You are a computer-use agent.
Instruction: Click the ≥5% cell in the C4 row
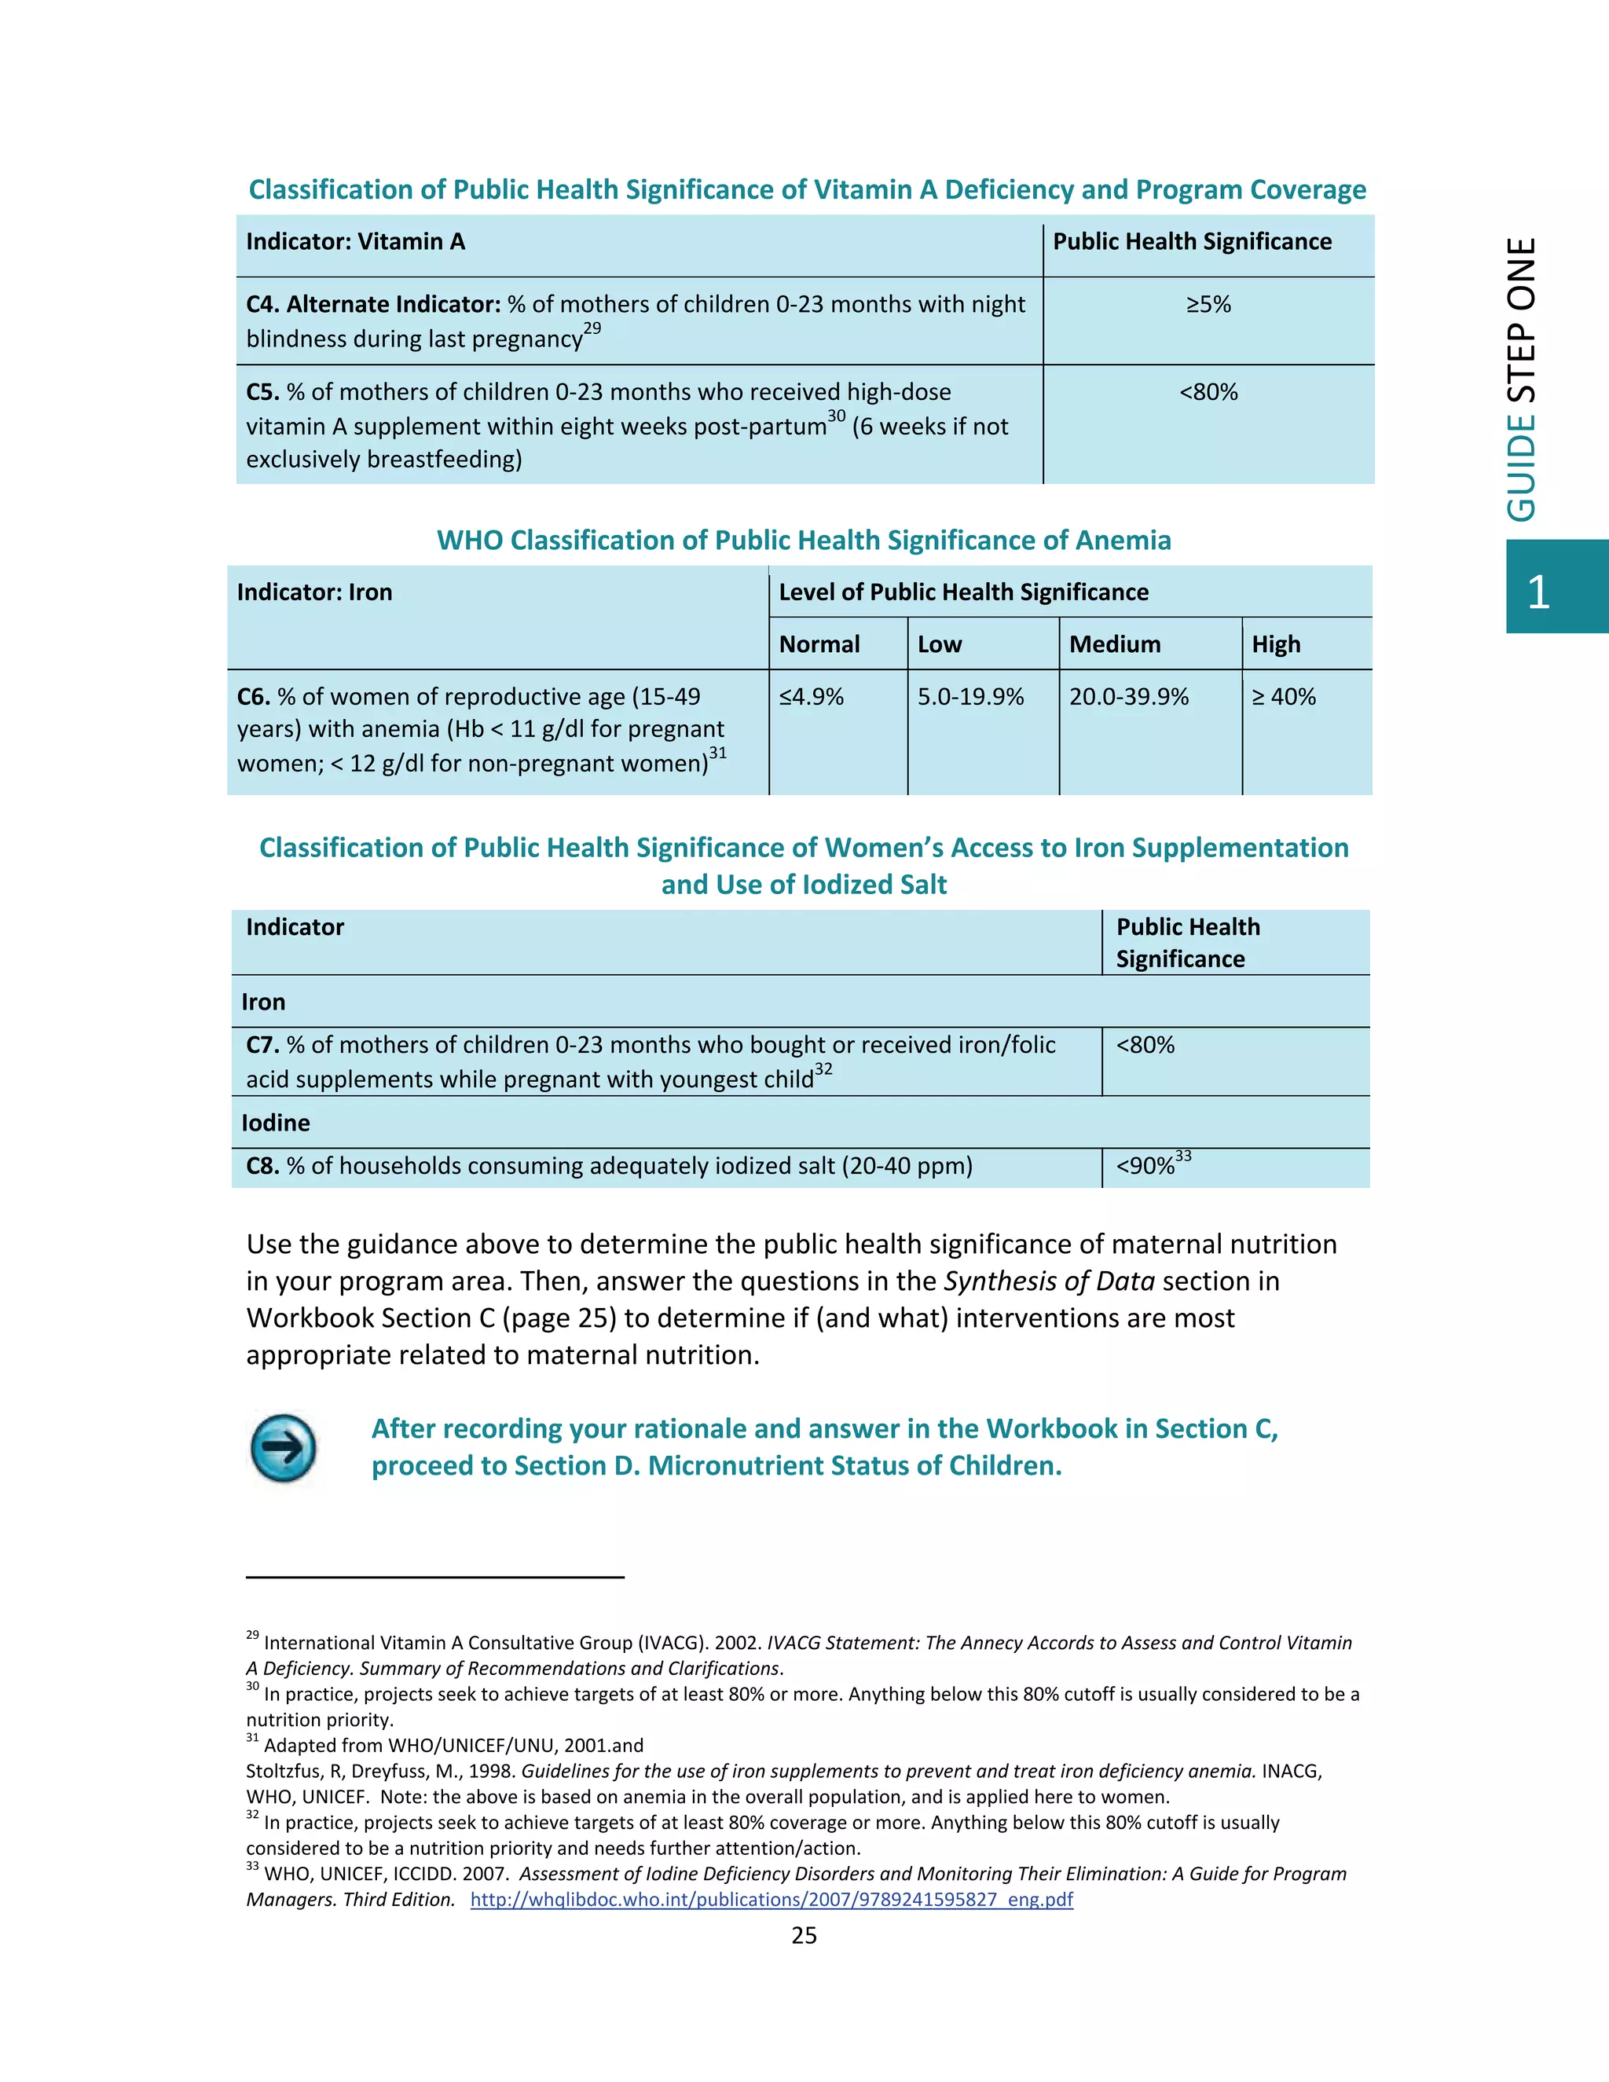tap(1208, 305)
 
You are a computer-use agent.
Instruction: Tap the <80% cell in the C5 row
tap(1208, 393)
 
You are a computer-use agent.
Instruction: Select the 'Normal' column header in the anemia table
tap(819, 644)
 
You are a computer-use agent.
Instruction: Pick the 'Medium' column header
tap(1114, 644)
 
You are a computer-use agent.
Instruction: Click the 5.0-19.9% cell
tap(970, 697)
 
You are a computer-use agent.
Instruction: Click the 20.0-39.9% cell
tap(1129, 697)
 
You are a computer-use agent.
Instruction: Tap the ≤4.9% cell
tap(811, 697)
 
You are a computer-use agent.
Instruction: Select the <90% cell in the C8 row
tap(1145, 1166)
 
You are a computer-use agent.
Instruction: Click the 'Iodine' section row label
tap(276, 1123)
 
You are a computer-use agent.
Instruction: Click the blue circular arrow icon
tap(283, 1448)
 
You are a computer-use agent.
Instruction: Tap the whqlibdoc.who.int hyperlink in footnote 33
tap(772, 1899)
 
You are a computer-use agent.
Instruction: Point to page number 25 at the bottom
tap(804, 1935)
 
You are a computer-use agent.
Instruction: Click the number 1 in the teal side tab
tap(1538, 593)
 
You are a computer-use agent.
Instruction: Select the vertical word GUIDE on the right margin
tap(1523, 468)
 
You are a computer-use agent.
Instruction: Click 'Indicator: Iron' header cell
tap(314, 593)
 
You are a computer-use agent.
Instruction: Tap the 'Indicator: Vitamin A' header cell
tap(356, 242)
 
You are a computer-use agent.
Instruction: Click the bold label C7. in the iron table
tap(263, 1045)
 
